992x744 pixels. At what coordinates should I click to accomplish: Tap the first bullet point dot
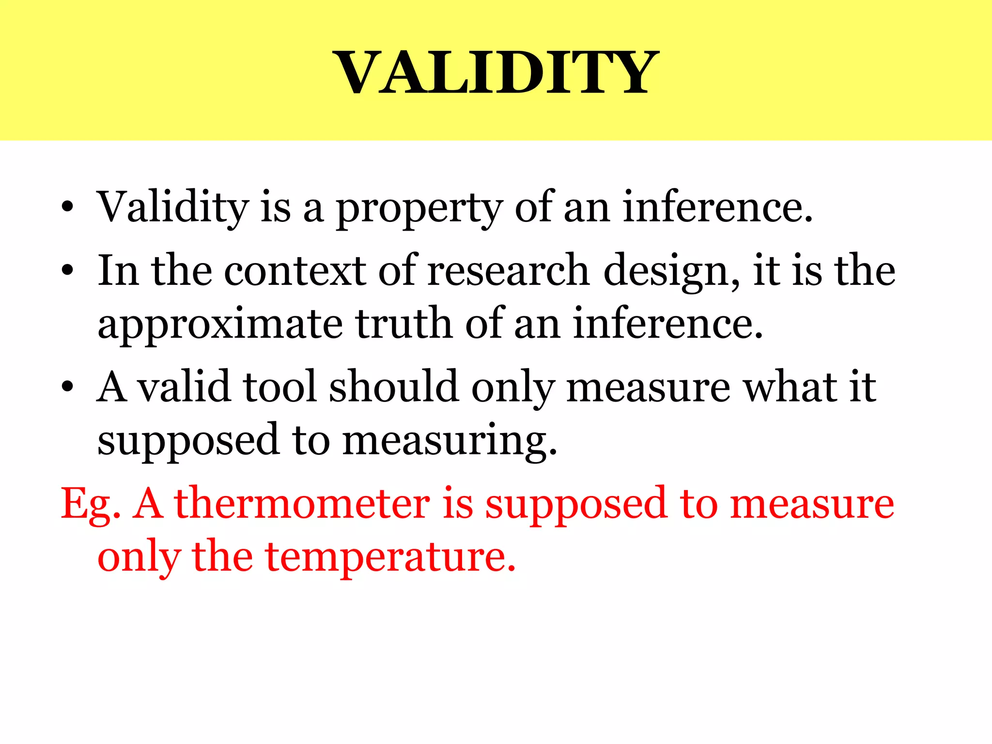click(x=67, y=208)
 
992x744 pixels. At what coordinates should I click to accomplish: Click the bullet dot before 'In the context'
click(x=67, y=271)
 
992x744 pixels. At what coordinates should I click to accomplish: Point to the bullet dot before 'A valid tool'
click(x=67, y=387)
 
